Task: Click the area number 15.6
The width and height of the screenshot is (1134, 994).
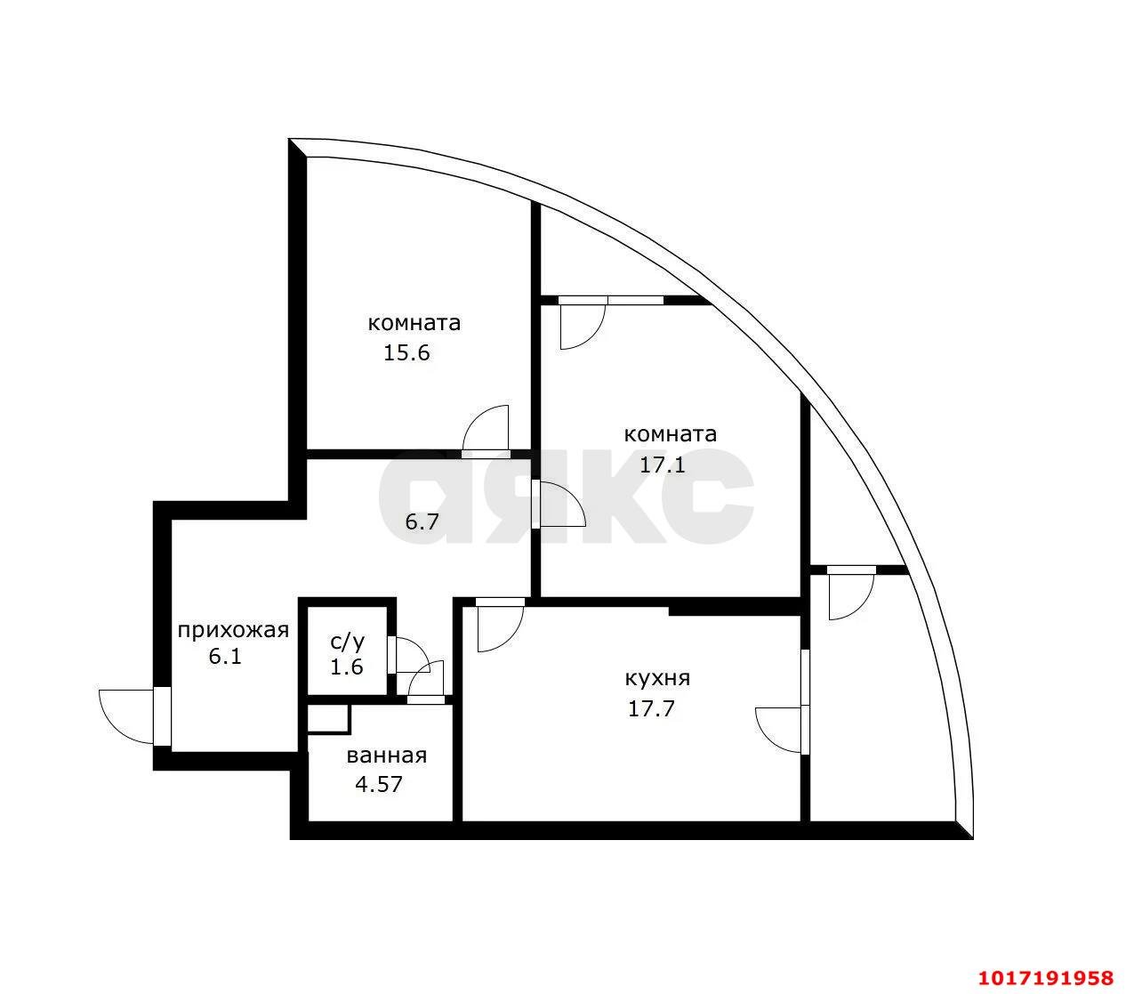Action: coord(406,353)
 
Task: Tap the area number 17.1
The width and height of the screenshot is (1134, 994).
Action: coord(662,465)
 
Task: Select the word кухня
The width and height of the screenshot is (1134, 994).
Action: coord(657,679)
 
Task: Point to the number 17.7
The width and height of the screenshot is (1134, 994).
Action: coord(651,709)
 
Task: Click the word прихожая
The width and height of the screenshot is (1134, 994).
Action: coord(233,631)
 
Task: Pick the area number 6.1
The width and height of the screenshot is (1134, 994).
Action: coord(225,657)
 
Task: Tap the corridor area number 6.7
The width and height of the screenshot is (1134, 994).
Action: coord(422,522)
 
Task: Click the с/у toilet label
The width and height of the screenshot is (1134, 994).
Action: coord(347,642)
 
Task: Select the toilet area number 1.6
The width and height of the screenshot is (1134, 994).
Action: coord(347,667)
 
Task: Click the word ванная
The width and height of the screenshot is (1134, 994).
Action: coord(387,756)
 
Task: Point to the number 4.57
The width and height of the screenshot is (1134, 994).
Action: coord(379,784)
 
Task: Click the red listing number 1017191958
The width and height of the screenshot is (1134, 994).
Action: coord(1046,978)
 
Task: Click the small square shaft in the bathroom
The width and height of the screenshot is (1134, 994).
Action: coord(328,718)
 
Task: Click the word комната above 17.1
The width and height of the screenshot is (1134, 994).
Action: coord(670,434)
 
